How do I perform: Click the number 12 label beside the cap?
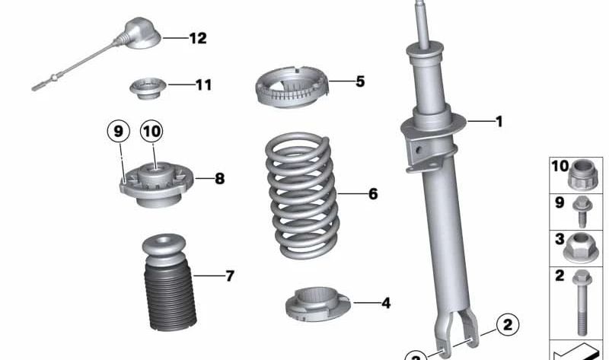point(197,38)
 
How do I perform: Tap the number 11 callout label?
point(202,85)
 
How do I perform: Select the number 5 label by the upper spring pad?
point(359,81)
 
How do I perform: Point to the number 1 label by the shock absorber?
point(499,121)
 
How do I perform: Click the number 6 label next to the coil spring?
point(372,194)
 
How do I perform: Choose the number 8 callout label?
point(219,180)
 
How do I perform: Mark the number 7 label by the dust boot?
point(229,276)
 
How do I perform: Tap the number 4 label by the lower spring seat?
point(385,304)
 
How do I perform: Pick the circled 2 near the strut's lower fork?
point(507,326)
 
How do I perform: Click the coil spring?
point(300,196)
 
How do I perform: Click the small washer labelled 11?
point(148,88)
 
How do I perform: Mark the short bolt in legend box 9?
point(582,211)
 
